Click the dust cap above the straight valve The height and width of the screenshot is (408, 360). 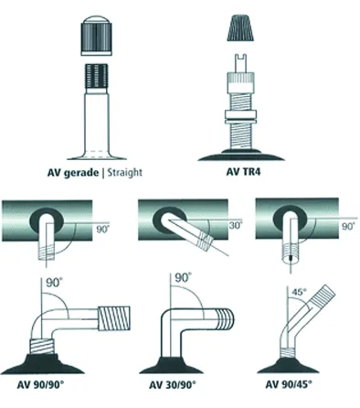tap(96, 36)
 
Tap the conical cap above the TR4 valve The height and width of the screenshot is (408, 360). tap(240, 27)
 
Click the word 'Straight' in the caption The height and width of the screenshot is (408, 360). tap(124, 173)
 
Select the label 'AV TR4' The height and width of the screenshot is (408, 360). tap(243, 171)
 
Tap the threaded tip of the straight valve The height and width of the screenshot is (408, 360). tap(96, 79)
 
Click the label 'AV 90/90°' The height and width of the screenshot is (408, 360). tap(40, 384)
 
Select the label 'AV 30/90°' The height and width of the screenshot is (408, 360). tap(172, 384)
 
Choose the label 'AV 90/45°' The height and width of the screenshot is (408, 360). tap(289, 384)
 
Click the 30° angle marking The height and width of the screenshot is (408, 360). tap(236, 226)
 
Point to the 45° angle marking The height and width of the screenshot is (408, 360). tap(299, 292)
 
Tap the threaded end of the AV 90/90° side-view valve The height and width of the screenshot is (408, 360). tap(114, 318)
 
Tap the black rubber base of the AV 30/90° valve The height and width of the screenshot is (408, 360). tap(171, 365)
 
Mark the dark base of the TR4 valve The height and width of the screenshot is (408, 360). tap(241, 156)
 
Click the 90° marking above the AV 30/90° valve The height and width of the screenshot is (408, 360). tap(184, 278)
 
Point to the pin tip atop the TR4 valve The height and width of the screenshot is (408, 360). tap(240, 63)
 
